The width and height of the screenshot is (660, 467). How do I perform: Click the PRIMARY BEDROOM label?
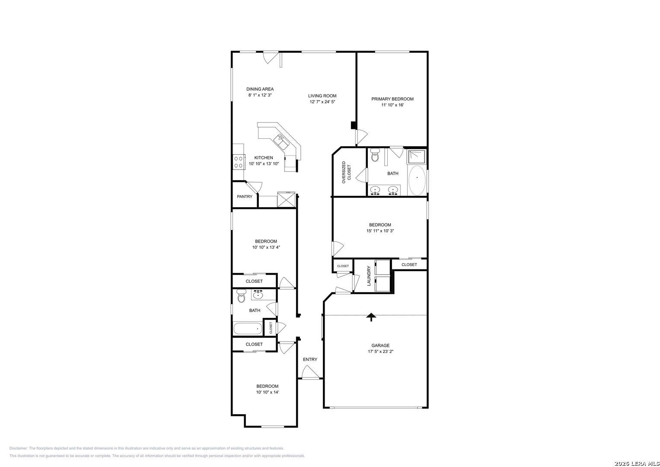392,99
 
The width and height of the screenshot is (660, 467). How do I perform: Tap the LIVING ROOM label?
322,96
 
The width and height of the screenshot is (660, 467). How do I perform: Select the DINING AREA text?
260,89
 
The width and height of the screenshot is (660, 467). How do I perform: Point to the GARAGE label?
380,345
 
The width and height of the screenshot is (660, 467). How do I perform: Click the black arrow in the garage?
371,317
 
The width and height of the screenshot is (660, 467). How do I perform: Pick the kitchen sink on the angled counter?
282,142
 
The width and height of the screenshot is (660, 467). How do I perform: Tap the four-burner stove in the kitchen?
239,162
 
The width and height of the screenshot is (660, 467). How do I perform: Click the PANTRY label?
245,196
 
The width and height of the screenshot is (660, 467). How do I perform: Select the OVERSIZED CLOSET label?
347,173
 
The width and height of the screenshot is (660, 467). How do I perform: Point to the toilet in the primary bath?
375,155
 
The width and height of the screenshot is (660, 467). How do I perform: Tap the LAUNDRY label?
369,276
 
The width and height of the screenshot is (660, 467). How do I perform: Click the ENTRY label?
310,359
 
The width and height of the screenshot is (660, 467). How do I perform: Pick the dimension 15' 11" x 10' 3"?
380,231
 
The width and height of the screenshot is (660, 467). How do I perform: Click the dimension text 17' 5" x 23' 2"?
380,352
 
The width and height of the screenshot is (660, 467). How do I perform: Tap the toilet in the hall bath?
241,296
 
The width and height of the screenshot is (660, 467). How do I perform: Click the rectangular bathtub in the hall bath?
248,329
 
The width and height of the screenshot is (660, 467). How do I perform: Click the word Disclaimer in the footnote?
18,448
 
